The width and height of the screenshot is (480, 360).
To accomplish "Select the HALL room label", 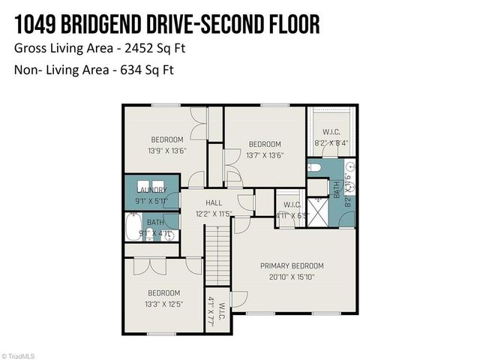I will (214, 202).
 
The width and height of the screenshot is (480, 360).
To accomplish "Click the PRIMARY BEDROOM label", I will (292, 266).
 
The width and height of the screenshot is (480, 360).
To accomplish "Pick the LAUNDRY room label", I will (151, 190).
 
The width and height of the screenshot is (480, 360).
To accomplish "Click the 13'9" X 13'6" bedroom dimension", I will (167, 151).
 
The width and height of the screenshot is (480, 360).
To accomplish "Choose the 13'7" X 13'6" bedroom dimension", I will (265, 155).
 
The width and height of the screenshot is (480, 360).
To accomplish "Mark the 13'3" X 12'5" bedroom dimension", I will (163, 304).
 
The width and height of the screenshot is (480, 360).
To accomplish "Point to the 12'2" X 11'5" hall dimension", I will (214, 214).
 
